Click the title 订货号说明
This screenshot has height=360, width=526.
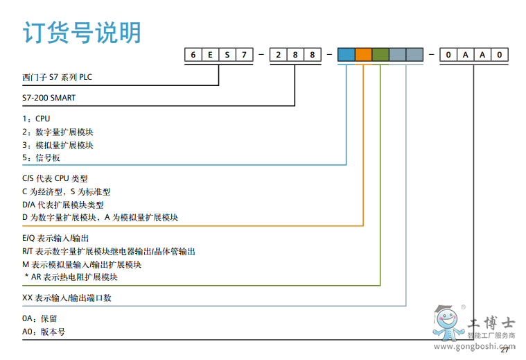coord(82,33)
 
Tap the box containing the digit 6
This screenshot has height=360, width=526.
coord(193,54)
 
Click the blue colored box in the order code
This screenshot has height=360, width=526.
coord(347,54)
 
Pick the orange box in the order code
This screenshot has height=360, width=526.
coord(363,54)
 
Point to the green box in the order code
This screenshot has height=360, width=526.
coord(380,54)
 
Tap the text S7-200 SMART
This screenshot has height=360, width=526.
coord(49,98)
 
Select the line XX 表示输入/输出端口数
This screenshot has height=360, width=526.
coord(67,298)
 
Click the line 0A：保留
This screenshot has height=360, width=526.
coord(40,318)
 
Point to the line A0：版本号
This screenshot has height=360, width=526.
coord(44,332)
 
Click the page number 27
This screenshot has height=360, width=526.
coord(504,350)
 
